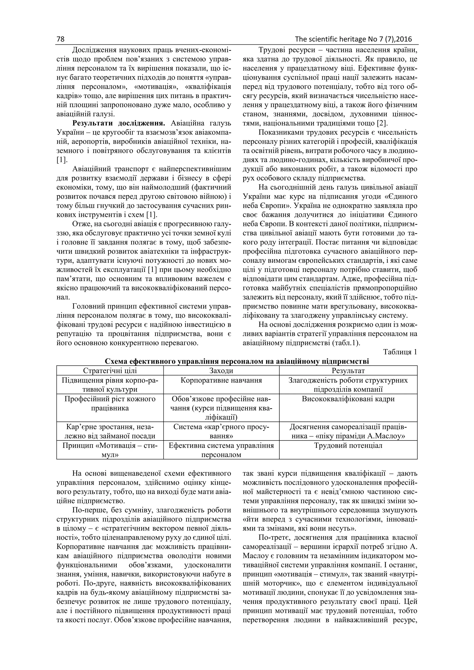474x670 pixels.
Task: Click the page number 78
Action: click(60, 39)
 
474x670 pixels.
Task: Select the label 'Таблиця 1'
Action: click(400, 352)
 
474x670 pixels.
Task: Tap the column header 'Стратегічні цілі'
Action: click(110, 371)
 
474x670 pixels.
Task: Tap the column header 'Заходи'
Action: click(221, 371)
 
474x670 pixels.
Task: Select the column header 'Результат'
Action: click(348, 371)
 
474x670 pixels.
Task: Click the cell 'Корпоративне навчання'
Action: click(221, 381)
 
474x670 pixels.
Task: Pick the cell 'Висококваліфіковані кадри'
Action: click(348, 399)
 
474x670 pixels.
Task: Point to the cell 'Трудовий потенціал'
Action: click(348, 446)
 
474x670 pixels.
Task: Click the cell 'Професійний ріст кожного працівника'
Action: click(110, 403)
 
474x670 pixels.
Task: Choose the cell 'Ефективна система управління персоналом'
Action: click(221, 450)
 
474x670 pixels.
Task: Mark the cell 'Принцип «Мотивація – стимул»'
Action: click(110, 450)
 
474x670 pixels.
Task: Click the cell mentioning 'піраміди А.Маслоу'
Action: click(348, 431)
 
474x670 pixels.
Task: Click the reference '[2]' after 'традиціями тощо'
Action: click(382, 123)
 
